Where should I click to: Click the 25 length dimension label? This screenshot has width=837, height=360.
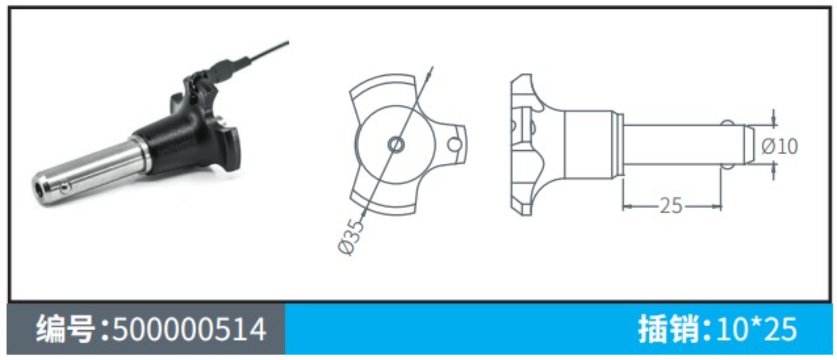(671, 206)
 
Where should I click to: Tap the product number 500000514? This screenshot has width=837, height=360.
(189, 329)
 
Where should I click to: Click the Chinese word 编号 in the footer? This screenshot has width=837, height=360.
(66, 329)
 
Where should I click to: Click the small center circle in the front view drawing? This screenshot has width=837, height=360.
(395, 145)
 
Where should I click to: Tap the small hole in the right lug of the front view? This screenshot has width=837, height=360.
(454, 145)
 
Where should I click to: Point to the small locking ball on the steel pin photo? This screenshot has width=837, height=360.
(64, 188)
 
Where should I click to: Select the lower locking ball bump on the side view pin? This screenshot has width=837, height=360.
(727, 166)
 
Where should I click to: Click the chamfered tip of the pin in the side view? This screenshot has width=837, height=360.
(749, 145)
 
